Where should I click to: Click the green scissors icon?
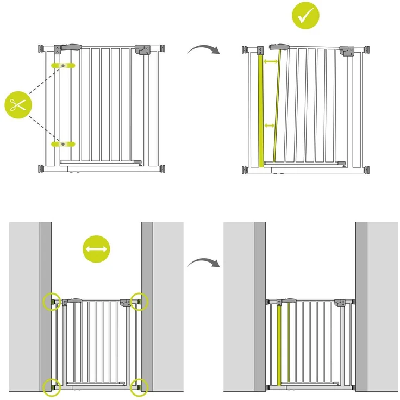[x=18, y=104]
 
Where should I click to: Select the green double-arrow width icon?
[x=96, y=250]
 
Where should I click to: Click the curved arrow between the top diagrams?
[x=203, y=50]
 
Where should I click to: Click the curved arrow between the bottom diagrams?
[x=203, y=262]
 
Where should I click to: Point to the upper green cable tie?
[x=64, y=66]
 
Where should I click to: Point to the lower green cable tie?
[x=64, y=144]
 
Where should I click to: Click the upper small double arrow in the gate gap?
[x=270, y=62]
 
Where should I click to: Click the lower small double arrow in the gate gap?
[x=269, y=126]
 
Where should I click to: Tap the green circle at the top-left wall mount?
[x=52, y=302]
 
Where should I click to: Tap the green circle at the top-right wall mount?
[x=140, y=302]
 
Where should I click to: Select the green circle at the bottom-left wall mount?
[x=52, y=386]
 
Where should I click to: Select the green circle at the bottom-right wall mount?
[x=140, y=386]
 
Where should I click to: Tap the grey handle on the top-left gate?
[x=70, y=47]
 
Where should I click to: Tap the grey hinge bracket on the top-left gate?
[x=142, y=50]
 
